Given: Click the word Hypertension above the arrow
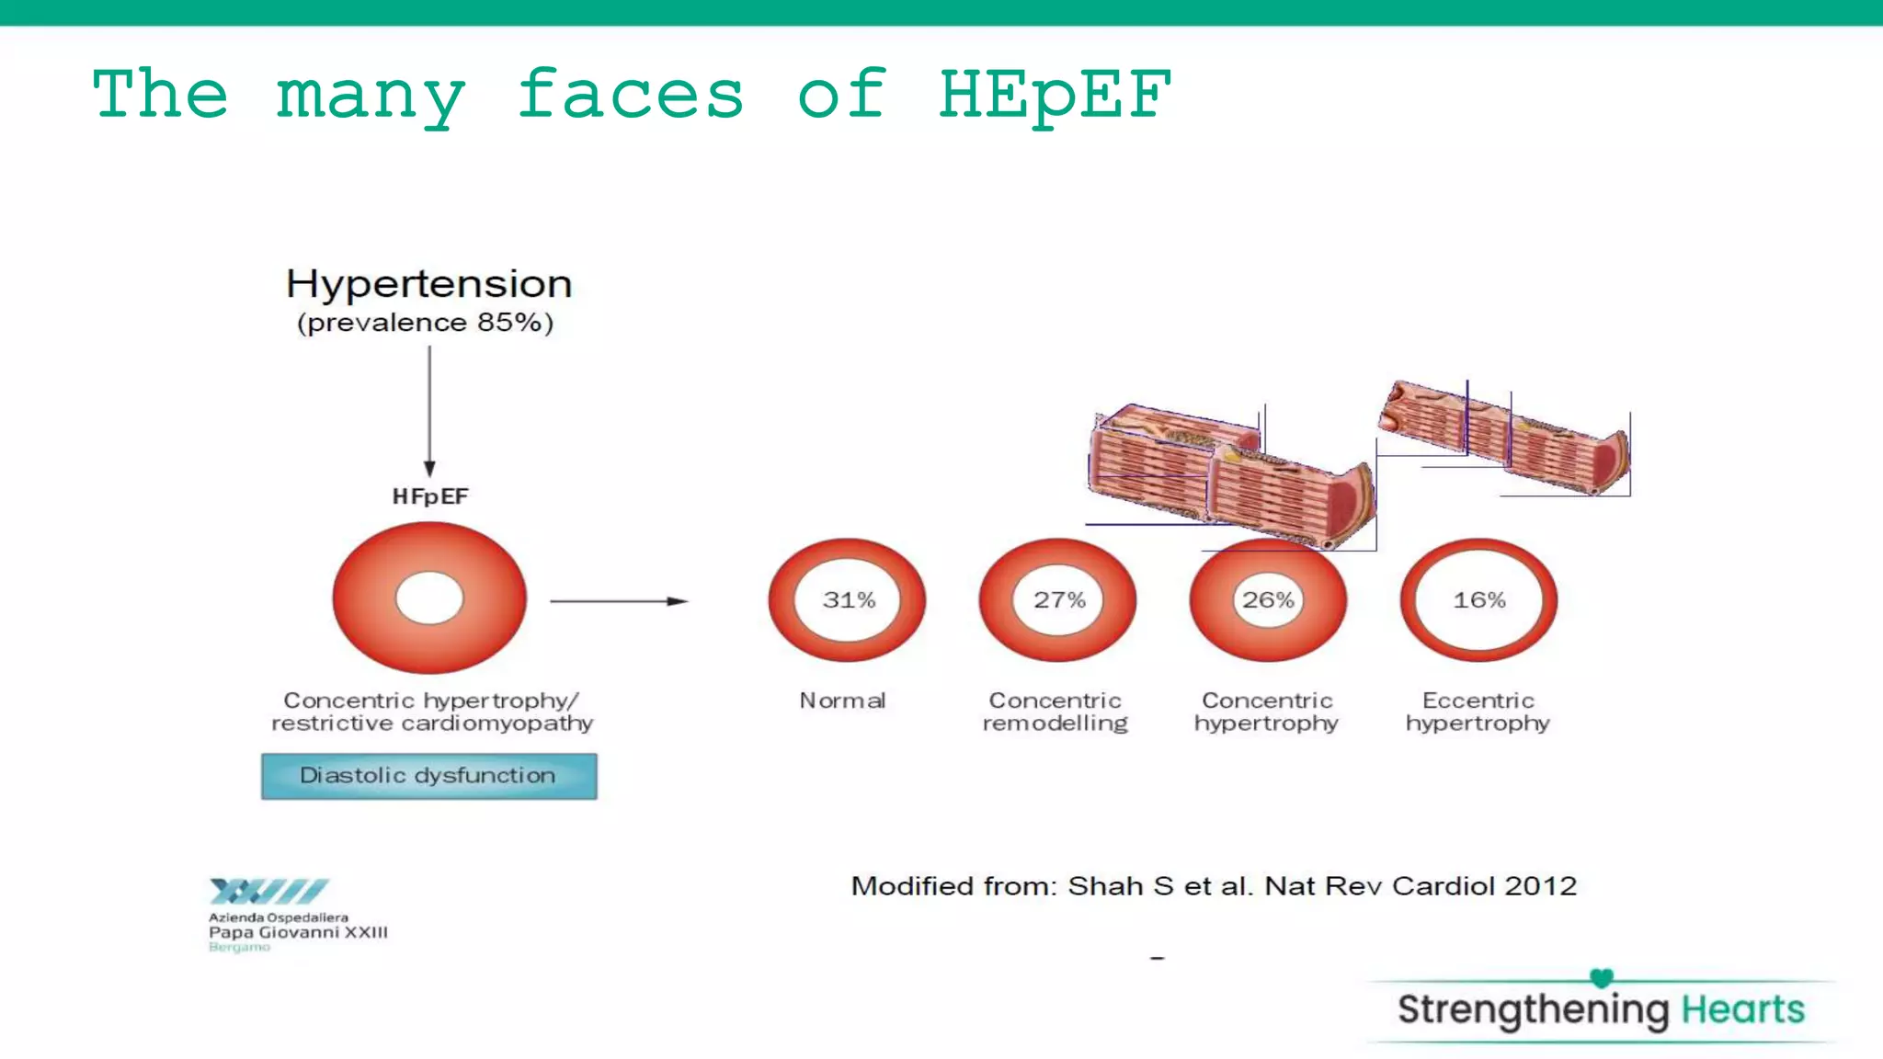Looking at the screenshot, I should [428, 284].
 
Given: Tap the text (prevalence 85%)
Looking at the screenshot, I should [425, 323].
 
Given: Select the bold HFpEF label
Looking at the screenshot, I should [430, 496].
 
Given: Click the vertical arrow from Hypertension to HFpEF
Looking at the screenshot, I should [429, 409].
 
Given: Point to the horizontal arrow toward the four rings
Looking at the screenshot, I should [618, 601].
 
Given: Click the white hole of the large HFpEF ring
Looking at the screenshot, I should [429, 598].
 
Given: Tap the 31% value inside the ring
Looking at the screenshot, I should [848, 600].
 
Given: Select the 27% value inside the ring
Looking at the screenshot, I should [1058, 600].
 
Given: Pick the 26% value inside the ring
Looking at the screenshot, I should [1268, 600].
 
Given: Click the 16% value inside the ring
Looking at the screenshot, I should [1478, 600].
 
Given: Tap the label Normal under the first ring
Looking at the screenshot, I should [842, 700].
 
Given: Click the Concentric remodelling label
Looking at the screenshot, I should [1055, 712].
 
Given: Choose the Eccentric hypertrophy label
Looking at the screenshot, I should [1478, 712].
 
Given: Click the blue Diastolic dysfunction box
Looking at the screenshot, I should [428, 776].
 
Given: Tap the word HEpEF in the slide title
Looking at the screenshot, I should [1054, 96].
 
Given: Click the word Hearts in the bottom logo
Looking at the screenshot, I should [1742, 1009].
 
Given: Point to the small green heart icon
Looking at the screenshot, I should [1602, 978].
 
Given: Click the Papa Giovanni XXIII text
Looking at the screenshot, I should [298, 932].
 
